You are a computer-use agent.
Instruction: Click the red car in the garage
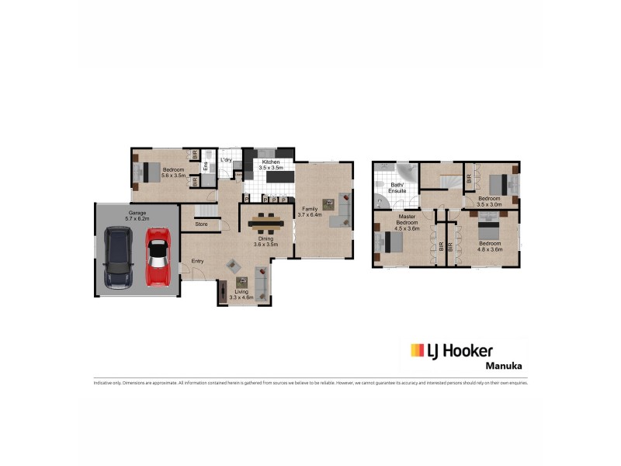coord(158,256)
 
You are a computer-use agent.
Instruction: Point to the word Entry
coord(197,261)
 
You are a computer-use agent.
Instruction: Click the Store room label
coord(201,224)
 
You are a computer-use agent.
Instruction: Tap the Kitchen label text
coord(270,162)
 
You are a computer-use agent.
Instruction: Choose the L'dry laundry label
coord(226,160)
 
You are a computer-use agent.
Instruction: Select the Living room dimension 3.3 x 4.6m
coord(242,297)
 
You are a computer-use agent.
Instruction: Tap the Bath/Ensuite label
coord(398,188)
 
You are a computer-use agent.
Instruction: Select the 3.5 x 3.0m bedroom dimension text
coord(489,204)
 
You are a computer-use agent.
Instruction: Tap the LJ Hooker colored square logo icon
coord(418,349)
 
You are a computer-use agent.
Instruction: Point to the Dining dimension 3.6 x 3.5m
coord(265,245)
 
